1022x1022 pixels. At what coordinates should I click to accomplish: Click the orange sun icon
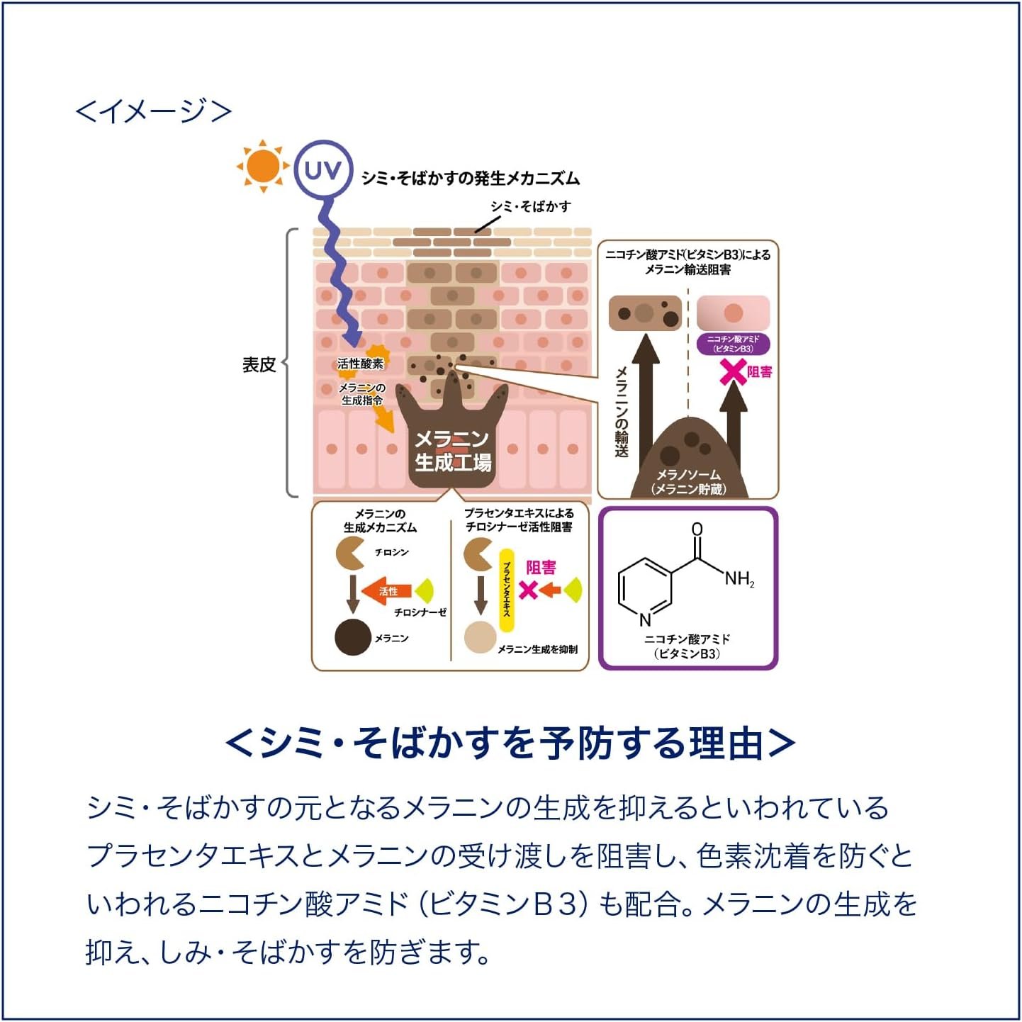tap(263, 166)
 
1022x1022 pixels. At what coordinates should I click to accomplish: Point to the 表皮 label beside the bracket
tap(259, 365)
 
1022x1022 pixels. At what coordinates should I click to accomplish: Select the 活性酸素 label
tap(360, 364)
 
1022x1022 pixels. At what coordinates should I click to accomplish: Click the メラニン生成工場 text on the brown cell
tap(453, 451)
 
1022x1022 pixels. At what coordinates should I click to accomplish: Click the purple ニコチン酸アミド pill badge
tap(734, 344)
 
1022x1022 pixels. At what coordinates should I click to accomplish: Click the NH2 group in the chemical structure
tap(739, 579)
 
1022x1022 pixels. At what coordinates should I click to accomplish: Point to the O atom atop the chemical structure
tap(697, 529)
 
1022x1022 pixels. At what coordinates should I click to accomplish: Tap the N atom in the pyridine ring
tap(645, 619)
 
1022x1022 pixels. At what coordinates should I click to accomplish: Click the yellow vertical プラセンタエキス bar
tap(507, 590)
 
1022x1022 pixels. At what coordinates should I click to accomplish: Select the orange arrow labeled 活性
tap(387, 590)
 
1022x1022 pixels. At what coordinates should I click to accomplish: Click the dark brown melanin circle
tap(353, 637)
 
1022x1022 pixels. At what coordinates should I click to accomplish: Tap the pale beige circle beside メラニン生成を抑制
tap(481, 637)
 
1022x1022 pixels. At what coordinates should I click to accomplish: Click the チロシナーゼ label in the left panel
tap(420, 612)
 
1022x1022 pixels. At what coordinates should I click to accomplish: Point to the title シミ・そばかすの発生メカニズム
tap(471, 179)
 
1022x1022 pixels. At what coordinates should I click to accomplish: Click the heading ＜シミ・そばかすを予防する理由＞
tap(511, 743)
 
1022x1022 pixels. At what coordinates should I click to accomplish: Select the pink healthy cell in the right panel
tap(733, 313)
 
